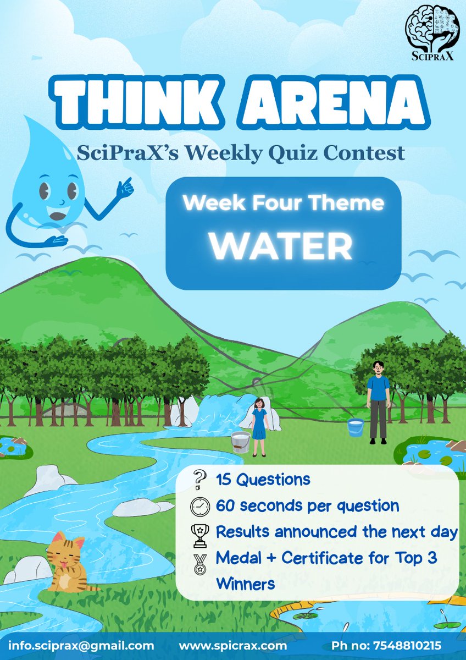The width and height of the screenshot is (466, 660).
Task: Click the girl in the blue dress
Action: pyautogui.click(x=259, y=426)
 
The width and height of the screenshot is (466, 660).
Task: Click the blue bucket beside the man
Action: pyautogui.click(x=356, y=427)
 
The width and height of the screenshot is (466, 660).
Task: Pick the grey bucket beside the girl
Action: pyautogui.click(x=241, y=441)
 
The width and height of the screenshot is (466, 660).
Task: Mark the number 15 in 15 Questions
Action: pyautogui.click(x=224, y=479)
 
